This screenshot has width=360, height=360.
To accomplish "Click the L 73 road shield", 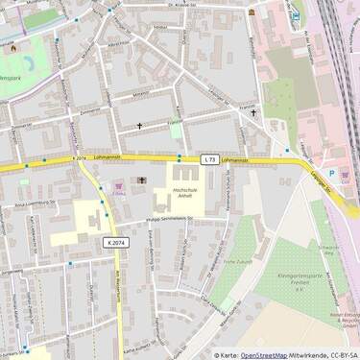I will click(x=209, y=158).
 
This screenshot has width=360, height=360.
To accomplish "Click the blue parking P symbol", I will click(x=331, y=174).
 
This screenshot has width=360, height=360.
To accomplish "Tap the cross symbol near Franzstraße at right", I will click(x=254, y=113).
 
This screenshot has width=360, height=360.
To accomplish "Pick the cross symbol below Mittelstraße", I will click(x=138, y=126).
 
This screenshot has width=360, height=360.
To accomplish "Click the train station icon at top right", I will click(x=296, y=15).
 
